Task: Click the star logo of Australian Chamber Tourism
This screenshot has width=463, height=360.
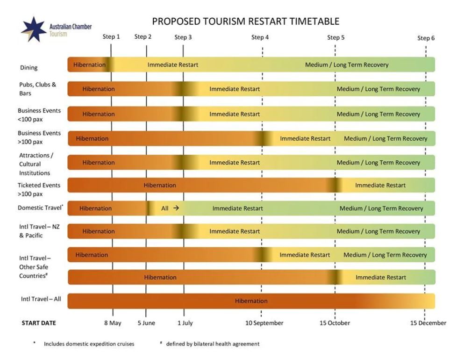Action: [33, 29]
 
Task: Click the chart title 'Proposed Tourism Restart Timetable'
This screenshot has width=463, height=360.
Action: [246, 22]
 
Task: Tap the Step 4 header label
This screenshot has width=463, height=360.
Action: [260, 37]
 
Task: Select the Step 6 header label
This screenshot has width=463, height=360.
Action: [426, 38]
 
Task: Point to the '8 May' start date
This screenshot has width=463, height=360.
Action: [113, 323]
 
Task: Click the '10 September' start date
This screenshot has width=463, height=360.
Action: [264, 323]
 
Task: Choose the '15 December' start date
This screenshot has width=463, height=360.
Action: [428, 323]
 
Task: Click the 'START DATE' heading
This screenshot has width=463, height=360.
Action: [39, 323]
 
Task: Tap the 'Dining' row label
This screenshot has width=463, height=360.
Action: [28, 68]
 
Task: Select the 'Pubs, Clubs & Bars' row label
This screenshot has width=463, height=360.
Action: [37, 89]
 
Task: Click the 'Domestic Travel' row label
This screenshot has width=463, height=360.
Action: [41, 208]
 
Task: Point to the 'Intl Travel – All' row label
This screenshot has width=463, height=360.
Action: [41, 299]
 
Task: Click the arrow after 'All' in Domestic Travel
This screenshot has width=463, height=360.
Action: [176, 208]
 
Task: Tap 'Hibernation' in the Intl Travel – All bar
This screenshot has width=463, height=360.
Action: [251, 301]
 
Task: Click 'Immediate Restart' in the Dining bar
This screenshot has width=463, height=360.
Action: [173, 65]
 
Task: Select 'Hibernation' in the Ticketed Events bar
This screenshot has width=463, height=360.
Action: [160, 185]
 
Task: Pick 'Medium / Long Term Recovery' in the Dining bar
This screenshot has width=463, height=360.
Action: [347, 65]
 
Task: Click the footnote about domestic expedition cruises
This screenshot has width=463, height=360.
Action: [89, 344]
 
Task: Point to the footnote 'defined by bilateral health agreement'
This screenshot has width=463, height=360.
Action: [213, 344]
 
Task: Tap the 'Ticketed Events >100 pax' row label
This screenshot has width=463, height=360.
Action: [39, 189]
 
